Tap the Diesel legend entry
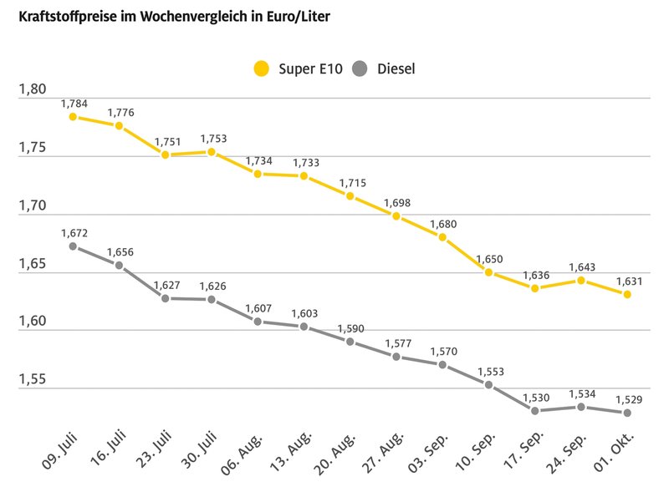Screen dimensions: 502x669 click(x=385, y=68)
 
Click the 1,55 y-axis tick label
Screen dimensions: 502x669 click(x=33, y=380)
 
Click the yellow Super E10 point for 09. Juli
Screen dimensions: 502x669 click(x=73, y=117)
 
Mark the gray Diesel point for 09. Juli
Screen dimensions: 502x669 click(x=73, y=246)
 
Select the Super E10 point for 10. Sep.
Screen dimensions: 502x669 click(x=488, y=272)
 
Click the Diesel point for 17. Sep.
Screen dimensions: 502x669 click(x=534, y=410)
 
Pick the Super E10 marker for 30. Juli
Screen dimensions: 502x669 click(x=212, y=152)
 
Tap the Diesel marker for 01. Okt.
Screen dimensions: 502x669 click(x=626, y=413)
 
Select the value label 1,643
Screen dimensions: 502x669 click(x=581, y=267)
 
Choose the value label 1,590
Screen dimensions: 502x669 click(x=350, y=327)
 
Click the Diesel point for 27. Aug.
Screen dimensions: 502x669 click(x=396, y=357)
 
